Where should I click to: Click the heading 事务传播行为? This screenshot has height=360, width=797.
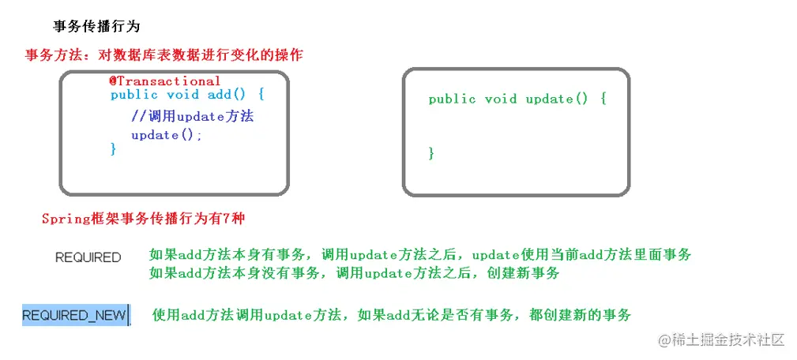tap(96, 26)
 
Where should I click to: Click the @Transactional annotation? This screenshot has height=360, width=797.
tap(165, 81)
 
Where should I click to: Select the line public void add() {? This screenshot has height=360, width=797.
tap(187, 95)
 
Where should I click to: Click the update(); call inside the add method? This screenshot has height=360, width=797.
tap(167, 135)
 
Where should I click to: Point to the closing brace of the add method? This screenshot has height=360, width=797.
tap(114, 148)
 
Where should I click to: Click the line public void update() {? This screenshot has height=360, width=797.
tap(517, 99)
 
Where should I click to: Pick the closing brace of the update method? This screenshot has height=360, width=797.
tap(431, 153)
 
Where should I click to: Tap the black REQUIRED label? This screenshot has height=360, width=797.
tap(88, 257)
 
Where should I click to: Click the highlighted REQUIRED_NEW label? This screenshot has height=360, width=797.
tap(74, 316)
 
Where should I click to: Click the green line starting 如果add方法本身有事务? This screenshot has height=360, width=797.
tap(420, 254)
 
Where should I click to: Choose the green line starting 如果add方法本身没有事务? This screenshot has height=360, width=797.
tap(354, 273)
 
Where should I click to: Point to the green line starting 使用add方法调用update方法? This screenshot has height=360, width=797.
tap(392, 315)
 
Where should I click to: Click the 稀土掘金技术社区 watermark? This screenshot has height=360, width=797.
tap(716, 339)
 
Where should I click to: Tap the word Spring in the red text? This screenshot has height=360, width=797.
tap(65, 219)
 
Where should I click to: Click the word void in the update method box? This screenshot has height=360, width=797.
tap(501, 99)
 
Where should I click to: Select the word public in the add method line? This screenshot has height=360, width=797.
tap(134, 95)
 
